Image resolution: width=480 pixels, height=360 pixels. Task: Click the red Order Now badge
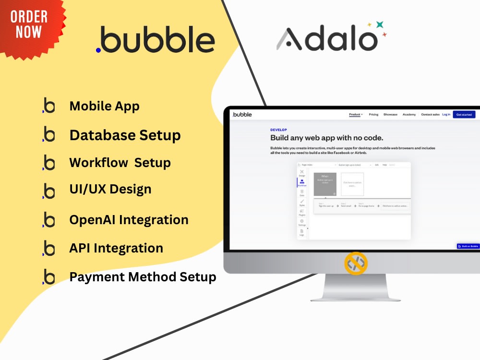[x=29, y=26]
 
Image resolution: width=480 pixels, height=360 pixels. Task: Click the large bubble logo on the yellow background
[x=155, y=40]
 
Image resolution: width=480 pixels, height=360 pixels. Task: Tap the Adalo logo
[x=326, y=38]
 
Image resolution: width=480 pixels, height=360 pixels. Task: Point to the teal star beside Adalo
[x=379, y=24]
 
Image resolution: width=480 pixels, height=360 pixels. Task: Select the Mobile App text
[x=104, y=106]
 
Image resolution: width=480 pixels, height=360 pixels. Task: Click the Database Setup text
[x=125, y=135]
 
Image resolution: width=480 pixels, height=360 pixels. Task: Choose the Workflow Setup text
[x=120, y=163]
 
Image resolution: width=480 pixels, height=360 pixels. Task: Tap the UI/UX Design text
[x=110, y=189]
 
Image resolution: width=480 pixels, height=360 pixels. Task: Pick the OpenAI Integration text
[x=129, y=220]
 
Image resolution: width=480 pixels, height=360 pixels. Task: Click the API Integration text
[x=116, y=248]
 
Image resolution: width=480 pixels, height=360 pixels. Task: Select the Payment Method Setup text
[x=143, y=277]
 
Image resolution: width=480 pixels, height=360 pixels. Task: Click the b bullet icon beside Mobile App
[x=48, y=106]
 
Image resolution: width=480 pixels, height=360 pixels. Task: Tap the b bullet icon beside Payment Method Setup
[x=48, y=277]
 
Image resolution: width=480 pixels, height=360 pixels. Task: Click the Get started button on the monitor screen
[x=464, y=115]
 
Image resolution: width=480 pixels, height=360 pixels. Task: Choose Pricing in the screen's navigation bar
[x=373, y=115]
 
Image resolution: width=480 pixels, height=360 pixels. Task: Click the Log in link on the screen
[x=446, y=115]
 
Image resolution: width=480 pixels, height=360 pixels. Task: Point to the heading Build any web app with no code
[x=326, y=138]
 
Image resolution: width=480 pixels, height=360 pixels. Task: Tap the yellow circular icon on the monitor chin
[x=356, y=263]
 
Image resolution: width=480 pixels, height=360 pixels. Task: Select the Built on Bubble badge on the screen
[x=468, y=246]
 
